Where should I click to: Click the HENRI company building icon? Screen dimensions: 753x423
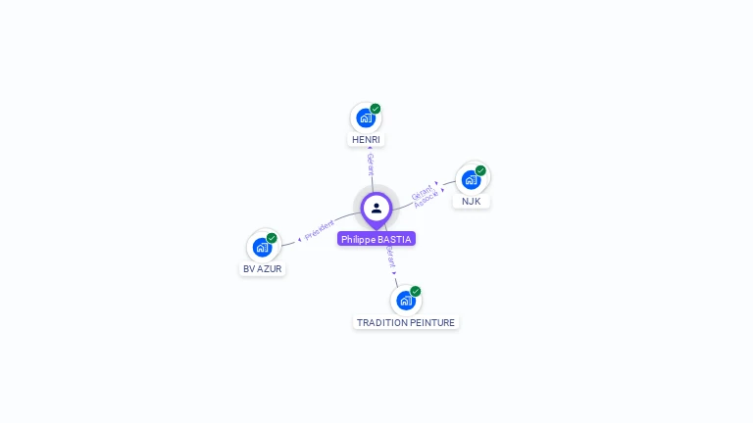point(366,118)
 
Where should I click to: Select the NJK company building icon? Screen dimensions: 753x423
point(472,180)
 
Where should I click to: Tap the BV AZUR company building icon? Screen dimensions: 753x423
point(262,247)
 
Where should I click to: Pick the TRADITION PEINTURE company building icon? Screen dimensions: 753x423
point(406,301)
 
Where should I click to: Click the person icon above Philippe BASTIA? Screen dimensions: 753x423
point(376,208)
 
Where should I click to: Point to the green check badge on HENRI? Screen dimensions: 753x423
point(376,109)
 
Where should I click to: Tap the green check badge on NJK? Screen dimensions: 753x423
point(480,170)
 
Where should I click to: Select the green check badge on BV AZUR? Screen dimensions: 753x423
point(272,238)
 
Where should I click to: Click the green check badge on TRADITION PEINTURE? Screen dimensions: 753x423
point(416,292)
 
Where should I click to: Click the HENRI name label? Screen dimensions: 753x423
point(366,140)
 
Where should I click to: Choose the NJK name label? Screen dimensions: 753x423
point(472,202)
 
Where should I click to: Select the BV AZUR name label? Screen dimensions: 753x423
point(262,268)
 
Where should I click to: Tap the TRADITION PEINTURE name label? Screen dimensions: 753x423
point(406,322)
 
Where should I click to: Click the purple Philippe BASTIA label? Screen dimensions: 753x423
point(376,239)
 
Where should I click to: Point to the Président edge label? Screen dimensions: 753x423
point(320,230)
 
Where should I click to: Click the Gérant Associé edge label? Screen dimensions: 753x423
point(425,195)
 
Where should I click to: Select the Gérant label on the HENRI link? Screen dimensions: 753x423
point(371,164)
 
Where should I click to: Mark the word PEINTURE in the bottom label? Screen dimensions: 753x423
point(432,322)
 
